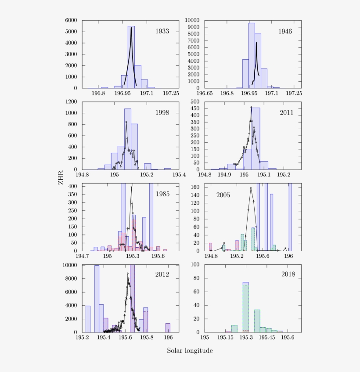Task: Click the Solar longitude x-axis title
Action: pos(191,350)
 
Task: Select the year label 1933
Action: pos(162,31)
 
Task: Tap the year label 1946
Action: pos(284,31)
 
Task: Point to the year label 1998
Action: pos(162,112)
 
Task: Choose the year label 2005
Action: pos(223,194)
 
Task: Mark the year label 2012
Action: pos(162,275)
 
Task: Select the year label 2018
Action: pos(288,275)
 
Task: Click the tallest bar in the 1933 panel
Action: pos(131,57)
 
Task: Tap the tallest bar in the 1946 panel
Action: pos(252,55)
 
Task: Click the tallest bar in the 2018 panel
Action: pos(246,307)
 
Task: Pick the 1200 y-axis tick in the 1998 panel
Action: pos(72,101)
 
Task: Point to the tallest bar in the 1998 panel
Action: pos(128,139)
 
